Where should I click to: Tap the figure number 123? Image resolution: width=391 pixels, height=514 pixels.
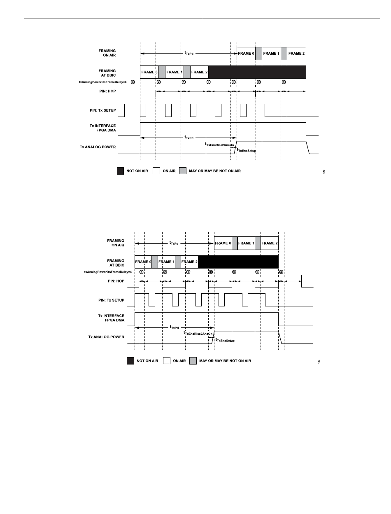point(319,361)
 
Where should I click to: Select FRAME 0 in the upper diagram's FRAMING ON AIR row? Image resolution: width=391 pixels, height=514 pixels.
point(246,54)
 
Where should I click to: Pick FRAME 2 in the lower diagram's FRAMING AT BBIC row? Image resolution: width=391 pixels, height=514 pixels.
point(189,262)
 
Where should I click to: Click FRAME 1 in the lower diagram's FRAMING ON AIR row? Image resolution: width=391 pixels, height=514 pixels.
point(246,243)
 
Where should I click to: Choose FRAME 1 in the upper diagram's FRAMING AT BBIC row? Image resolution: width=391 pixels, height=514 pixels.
point(174,72)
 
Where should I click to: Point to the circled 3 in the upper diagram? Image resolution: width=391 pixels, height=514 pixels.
point(133,82)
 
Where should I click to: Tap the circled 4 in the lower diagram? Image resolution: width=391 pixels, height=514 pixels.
point(281,272)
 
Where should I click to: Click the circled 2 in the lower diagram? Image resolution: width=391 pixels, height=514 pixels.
point(165,272)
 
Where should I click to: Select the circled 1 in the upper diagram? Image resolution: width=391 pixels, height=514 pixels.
point(184,82)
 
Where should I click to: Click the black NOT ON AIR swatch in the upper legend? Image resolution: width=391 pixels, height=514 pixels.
point(120,171)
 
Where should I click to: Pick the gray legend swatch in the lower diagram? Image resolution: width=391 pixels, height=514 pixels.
point(193,361)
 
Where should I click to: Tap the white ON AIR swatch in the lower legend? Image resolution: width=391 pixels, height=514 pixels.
point(167,361)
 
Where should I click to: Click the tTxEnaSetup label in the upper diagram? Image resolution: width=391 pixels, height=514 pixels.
point(247,151)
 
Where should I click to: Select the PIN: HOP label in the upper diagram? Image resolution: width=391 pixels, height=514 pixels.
point(106,91)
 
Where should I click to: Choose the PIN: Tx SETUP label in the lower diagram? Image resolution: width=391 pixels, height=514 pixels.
point(110,300)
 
